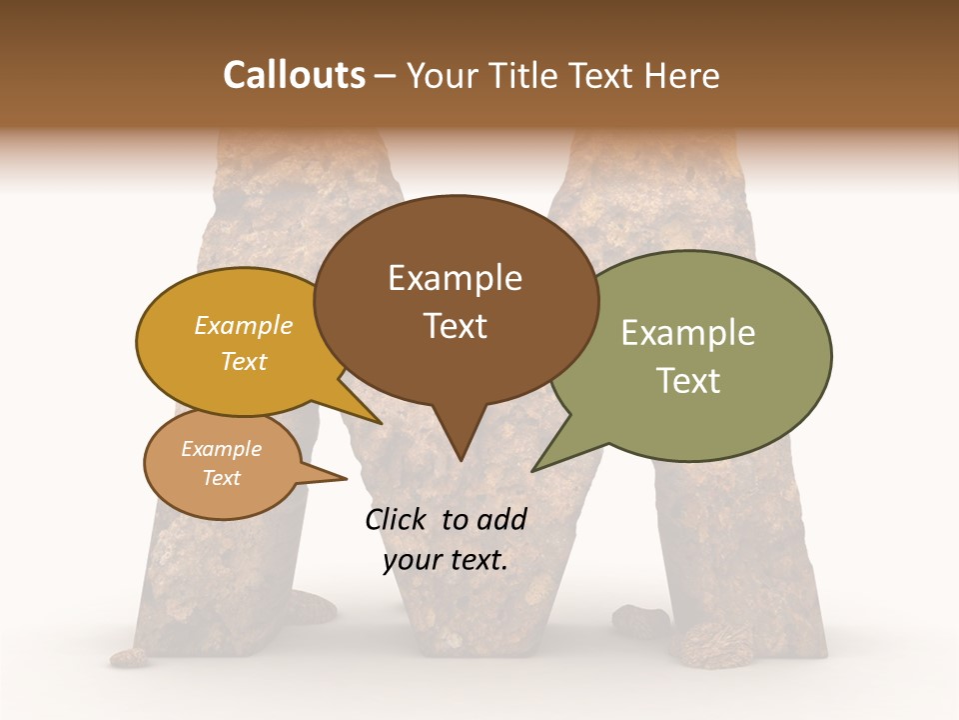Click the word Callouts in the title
294,75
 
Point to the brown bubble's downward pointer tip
460,460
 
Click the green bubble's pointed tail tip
534,470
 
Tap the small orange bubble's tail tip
346,478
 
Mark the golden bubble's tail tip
381,423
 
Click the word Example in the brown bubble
455,278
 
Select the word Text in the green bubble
688,381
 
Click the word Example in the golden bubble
244,325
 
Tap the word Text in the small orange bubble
222,478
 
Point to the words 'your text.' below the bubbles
446,560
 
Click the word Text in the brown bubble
456,326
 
